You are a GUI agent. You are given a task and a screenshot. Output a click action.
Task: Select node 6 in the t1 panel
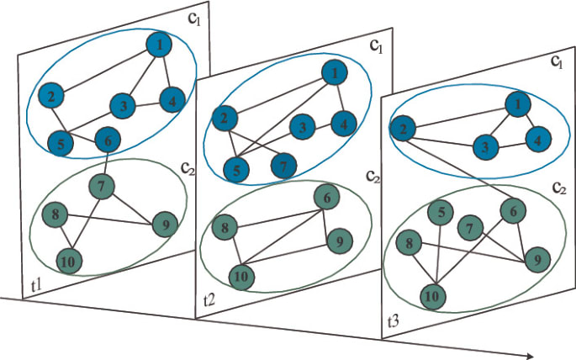click(108, 140)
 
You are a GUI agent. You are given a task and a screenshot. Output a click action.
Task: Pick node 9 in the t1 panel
click(164, 224)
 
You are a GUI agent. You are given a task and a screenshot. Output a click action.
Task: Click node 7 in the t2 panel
click(283, 167)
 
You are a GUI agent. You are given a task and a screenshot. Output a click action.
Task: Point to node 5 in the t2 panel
click(238, 169)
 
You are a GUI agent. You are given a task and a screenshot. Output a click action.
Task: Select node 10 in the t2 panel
click(242, 275)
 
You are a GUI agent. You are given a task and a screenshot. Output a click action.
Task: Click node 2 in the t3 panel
click(402, 130)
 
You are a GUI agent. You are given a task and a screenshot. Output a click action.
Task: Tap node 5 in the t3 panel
click(441, 214)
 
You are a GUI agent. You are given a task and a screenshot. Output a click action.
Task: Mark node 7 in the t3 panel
click(473, 227)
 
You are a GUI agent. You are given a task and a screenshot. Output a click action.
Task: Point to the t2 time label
click(210, 299)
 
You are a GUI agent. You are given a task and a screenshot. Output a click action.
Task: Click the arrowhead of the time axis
click(529, 354)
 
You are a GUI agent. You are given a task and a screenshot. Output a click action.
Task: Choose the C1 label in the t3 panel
click(556, 61)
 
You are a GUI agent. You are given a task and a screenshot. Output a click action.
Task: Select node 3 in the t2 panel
click(302, 128)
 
